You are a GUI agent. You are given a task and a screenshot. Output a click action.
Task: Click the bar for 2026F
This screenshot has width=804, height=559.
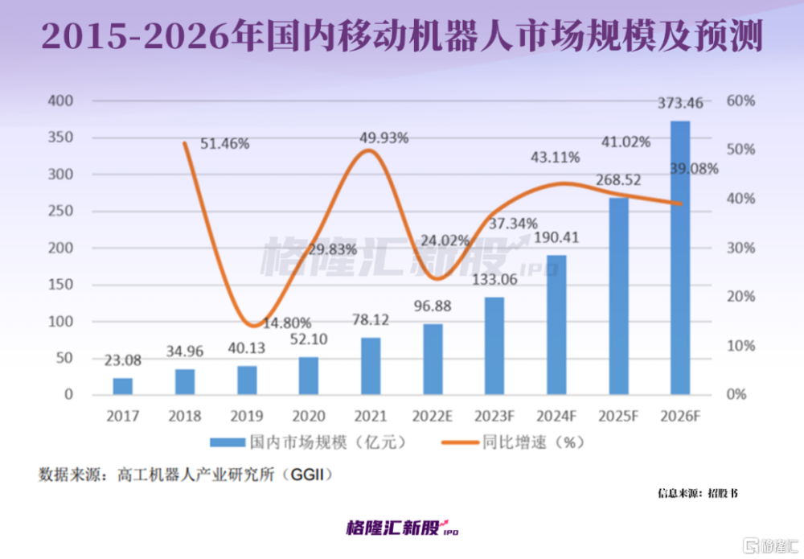pyautogui.click(x=680, y=258)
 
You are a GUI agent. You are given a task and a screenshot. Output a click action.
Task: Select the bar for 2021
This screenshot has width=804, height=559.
pyautogui.click(x=371, y=366)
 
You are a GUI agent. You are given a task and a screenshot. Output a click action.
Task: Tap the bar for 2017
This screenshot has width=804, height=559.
pyautogui.click(x=122, y=386)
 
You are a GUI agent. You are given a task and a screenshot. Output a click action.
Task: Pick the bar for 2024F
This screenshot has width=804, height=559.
pyautogui.click(x=556, y=325)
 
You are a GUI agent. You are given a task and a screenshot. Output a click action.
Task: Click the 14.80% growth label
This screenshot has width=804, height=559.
pyautogui.click(x=286, y=323)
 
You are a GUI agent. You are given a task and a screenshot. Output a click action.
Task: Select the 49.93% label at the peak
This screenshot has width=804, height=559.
pyautogui.click(x=384, y=138)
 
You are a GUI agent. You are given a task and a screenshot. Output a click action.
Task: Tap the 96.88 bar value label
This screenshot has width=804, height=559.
pyautogui.click(x=433, y=308)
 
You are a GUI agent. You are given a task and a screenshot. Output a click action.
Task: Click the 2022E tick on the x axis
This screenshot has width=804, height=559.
pyautogui.click(x=433, y=416)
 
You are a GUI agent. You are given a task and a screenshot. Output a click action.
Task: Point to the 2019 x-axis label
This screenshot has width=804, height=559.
pyautogui.click(x=247, y=416)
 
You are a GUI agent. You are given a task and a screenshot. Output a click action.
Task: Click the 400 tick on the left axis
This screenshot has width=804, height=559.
pyautogui.click(x=61, y=101)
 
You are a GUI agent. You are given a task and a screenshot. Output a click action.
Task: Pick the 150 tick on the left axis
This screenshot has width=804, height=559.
pyautogui.click(x=61, y=285)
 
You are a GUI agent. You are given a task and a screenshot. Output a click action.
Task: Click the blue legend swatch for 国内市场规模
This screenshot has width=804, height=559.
pyautogui.click(x=227, y=442)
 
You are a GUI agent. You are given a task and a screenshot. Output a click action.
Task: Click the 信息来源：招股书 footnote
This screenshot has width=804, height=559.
pyautogui.click(x=696, y=492)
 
